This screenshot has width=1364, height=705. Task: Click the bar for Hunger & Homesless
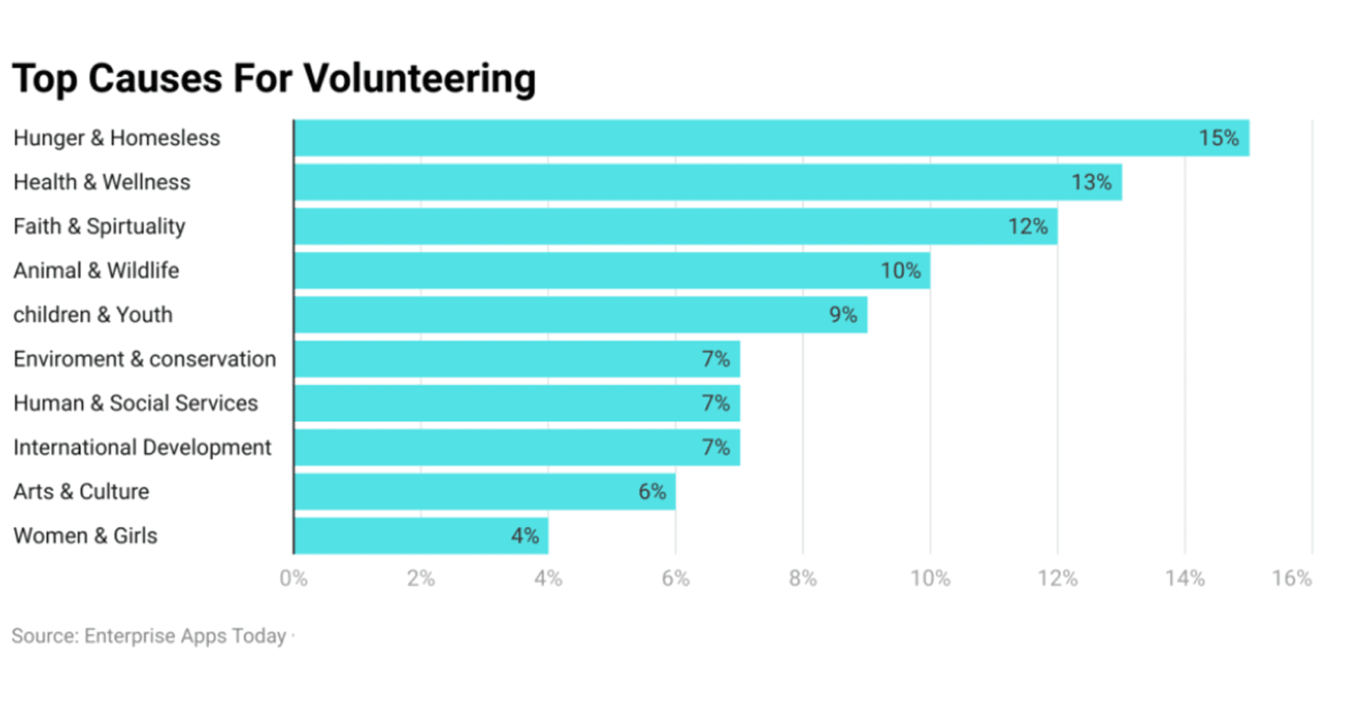(x=772, y=138)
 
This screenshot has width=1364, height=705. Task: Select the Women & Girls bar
(x=421, y=536)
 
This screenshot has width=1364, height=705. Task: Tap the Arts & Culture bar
(x=485, y=491)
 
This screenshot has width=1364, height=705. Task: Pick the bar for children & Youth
(x=581, y=315)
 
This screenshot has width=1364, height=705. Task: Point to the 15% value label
(x=1219, y=138)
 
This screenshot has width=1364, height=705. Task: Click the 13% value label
(x=1091, y=182)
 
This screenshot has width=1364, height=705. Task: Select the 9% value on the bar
(x=843, y=315)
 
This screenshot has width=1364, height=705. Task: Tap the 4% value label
(x=524, y=536)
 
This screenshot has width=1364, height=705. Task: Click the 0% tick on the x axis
(x=294, y=579)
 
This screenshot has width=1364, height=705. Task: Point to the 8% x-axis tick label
(x=802, y=579)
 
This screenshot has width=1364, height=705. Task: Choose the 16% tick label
(x=1292, y=579)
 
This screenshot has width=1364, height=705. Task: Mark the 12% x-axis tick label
(x=1057, y=579)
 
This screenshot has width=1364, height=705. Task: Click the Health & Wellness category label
(x=101, y=182)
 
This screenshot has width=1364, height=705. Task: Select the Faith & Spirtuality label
(x=99, y=226)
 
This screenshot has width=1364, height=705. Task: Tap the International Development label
(x=142, y=447)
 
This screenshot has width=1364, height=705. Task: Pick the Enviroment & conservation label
(x=145, y=359)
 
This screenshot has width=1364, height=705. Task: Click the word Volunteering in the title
(x=419, y=79)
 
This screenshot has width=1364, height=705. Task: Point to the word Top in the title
(x=45, y=79)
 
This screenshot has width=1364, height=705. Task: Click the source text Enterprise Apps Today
(x=185, y=636)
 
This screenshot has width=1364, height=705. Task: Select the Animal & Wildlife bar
(x=612, y=271)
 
